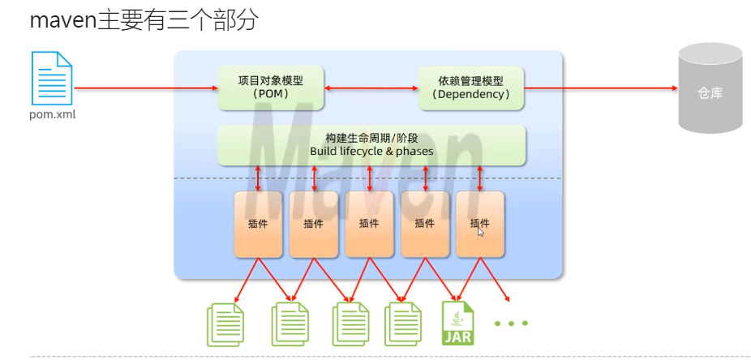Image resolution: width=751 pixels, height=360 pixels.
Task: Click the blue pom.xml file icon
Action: click(52, 78)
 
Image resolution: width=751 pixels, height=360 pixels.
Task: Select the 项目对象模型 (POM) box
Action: click(271, 88)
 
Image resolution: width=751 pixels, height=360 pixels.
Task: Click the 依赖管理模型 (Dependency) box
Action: click(470, 88)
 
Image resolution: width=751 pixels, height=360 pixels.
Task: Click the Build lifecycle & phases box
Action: click(371, 145)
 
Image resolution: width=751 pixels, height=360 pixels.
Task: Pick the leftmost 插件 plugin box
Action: click(258, 224)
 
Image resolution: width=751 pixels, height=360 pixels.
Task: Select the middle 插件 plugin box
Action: click(369, 224)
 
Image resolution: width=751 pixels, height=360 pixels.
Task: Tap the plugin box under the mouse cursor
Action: click(479, 224)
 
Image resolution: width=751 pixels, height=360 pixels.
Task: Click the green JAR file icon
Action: click(457, 323)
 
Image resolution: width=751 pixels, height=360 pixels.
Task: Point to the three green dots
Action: click(511, 323)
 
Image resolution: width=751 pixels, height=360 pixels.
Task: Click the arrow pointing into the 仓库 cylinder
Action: click(600, 88)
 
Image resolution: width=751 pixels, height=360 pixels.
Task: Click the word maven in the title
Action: click(62, 20)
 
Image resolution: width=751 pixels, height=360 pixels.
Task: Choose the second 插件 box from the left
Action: click(313, 224)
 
